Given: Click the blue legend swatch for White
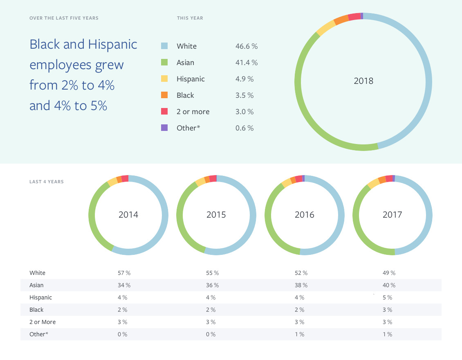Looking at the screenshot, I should [164, 46].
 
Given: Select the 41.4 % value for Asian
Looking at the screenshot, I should [246, 63].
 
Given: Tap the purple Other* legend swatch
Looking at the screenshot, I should [164, 128].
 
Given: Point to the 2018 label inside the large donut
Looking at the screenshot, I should [363, 81].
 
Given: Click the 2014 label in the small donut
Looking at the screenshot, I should [128, 215].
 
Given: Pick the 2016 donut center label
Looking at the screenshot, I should [305, 215].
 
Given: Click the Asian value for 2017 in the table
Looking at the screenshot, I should [389, 285].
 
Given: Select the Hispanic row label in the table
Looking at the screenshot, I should [41, 297].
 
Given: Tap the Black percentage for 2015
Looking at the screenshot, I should [211, 310].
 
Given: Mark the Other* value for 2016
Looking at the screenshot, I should [299, 334].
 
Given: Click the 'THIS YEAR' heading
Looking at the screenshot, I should [190, 18].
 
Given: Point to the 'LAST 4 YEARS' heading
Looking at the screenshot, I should [47, 182].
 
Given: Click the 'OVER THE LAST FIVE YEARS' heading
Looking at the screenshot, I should [64, 18].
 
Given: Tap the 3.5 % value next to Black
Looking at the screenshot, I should [244, 95].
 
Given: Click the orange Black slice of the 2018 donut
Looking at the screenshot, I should [341, 20].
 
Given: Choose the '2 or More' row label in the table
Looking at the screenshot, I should [43, 322].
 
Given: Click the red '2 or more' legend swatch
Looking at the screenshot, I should [164, 112].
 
